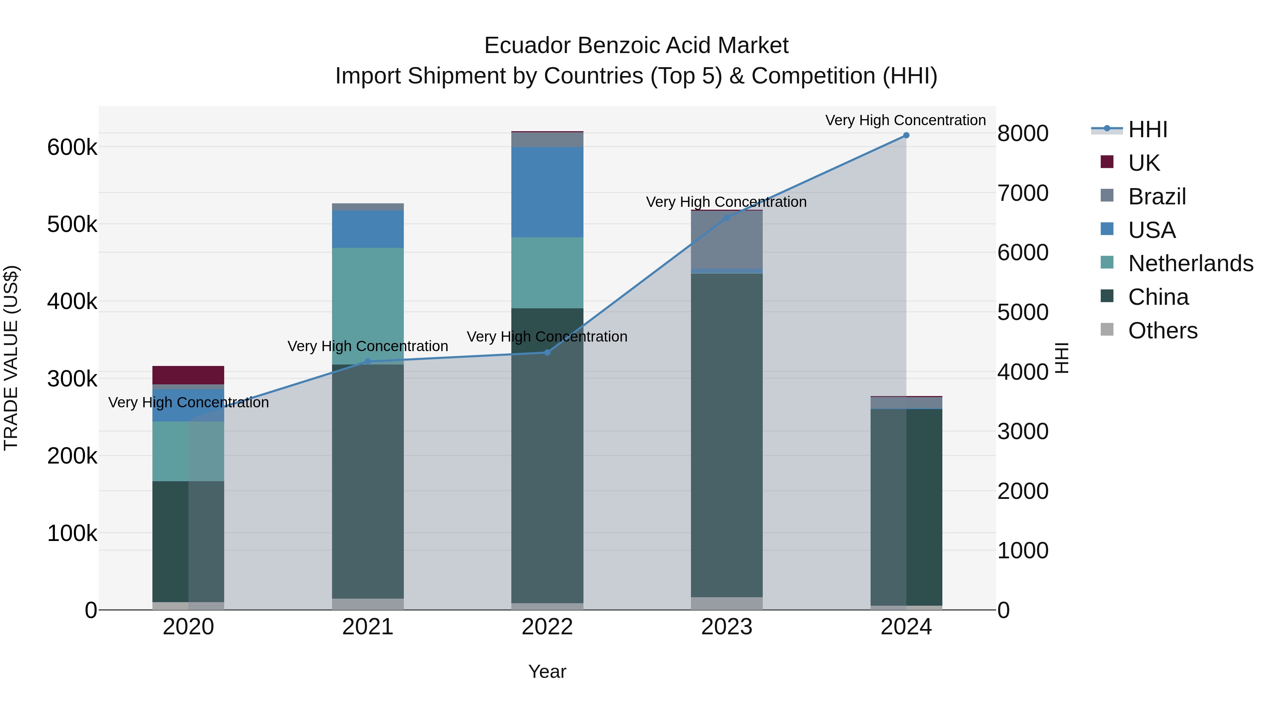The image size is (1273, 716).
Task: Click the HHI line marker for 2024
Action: pyautogui.click(x=906, y=135)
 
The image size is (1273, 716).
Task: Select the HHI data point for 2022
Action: pyautogui.click(x=547, y=352)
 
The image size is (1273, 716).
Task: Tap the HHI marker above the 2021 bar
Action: pyautogui.click(x=368, y=362)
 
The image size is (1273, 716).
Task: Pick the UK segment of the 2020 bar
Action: pyautogui.click(x=188, y=375)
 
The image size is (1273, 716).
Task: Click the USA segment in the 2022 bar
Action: pyautogui.click(x=547, y=192)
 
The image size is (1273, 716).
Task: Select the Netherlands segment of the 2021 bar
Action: pyautogui.click(x=368, y=306)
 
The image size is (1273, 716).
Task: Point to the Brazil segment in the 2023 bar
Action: pyautogui.click(x=726, y=240)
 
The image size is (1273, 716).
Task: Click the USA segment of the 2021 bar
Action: pyautogui.click(x=368, y=229)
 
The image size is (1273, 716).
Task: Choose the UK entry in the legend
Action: pyautogui.click(x=1144, y=163)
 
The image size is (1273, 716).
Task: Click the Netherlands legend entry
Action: pyautogui.click(x=1190, y=263)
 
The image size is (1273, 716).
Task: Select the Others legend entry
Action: pyautogui.click(x=1162, y=331)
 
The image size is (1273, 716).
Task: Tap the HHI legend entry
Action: pyautogui.click(x=1147, y=129)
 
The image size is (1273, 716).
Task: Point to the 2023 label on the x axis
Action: pyautogui.click(x=726, y=627)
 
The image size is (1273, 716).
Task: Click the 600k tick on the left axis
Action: pyautogui.click(x=72, y=147)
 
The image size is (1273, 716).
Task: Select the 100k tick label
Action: pyautogui.click(x=72, y=534)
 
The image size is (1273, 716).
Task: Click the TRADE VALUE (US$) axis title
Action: pyautogui.click(x=11, y=358)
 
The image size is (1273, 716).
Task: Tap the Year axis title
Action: pyautogui.click(x=547, y=671)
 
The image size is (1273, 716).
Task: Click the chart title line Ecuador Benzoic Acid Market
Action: pyautogui.click(x=636, y=46)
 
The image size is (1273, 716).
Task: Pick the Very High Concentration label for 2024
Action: pyautogui.click(x=905, y=120)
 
